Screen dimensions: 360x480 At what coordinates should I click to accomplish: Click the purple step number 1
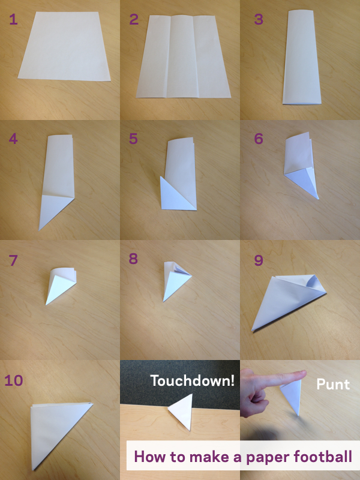(x=13, y=19)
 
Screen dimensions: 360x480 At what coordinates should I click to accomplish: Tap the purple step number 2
(x=134, y=19)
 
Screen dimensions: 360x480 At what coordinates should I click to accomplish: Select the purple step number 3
(x=259, y=19)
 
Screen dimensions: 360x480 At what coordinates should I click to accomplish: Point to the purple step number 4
(x=13, y=139)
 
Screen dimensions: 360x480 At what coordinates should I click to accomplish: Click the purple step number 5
(x=133, y=139)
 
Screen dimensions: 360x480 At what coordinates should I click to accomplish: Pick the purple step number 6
(x=259, y=139)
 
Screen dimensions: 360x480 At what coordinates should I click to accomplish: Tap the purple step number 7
(x=13, y=260)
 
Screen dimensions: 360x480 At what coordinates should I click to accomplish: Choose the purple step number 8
(x=133, y=259)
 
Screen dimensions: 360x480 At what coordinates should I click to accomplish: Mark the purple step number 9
(x=259, y=260)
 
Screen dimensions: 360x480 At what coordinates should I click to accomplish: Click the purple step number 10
(x=14, y=380)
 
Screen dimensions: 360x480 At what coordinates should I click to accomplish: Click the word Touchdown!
(x=193, y=380)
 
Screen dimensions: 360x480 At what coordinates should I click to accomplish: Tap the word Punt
(x=333, y=385)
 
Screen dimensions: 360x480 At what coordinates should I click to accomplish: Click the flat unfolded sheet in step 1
(x=64, y=46)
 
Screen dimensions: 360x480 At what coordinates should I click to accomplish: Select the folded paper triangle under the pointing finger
(x=292, y=397)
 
